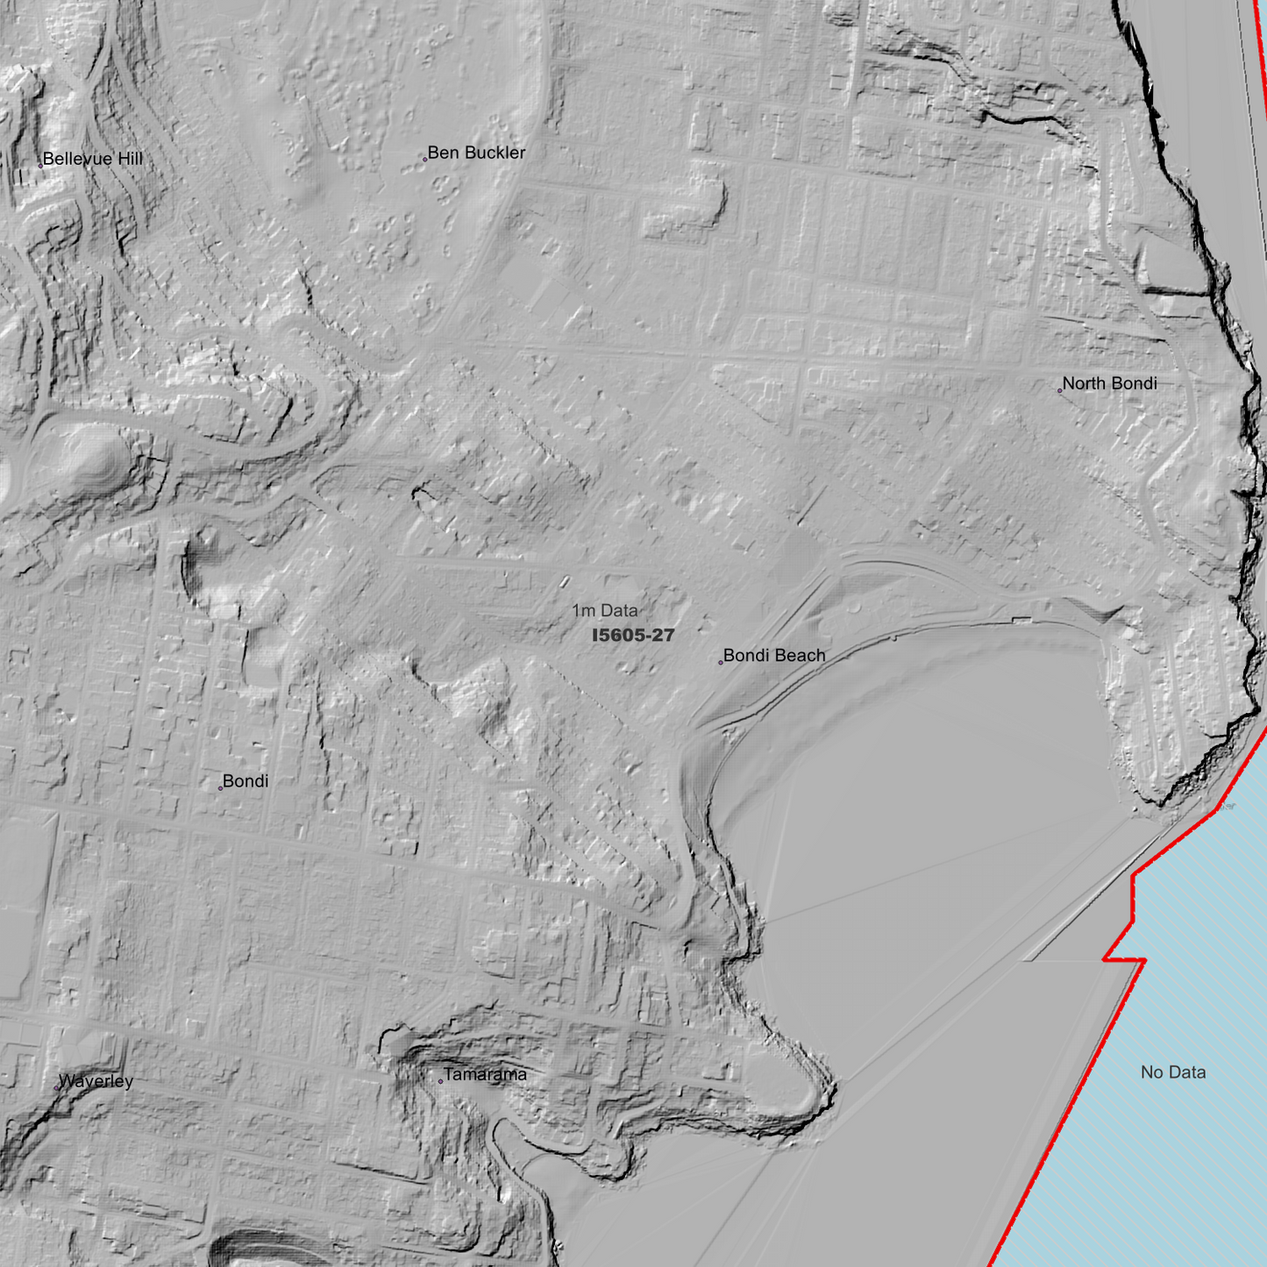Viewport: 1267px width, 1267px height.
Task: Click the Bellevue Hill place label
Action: coord(92,159)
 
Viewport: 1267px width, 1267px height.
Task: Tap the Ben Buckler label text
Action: coord(476,153)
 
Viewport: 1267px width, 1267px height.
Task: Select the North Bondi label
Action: coord(1109,383)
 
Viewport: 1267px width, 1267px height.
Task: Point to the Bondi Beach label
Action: coord(774,655)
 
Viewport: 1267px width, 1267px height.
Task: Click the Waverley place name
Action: coord(96,1081)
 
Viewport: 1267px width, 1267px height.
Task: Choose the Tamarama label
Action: coord(485,1074)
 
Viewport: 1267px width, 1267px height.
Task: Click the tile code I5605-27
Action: coord(633,635)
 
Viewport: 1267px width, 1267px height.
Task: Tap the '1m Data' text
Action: coord(605,610)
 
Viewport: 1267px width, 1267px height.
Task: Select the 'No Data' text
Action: coord(1173,1071)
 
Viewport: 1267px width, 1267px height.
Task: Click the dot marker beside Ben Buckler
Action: coord(425,160)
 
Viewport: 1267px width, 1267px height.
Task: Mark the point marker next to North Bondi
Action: coord(1060,390)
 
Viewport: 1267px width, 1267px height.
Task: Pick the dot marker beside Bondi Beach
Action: coord(721,662)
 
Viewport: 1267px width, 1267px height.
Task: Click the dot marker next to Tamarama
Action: coord(440,1081)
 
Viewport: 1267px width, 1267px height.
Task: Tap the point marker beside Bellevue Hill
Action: coord(40,165)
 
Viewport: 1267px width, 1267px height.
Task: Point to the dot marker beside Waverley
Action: coord(58,1087)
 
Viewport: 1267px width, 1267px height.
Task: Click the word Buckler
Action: coord(495,153)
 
